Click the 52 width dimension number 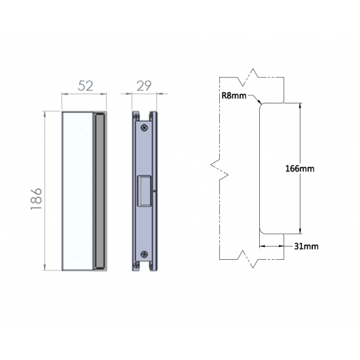coord(85,86)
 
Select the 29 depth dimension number coord(144,86)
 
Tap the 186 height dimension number coord(36,199)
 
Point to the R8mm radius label coord(234,96)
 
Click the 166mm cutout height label coord(300,169)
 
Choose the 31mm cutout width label coord(306,246)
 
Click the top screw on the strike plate coord(144,128)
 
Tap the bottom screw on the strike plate coord(144,254)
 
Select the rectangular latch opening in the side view coord(144,190)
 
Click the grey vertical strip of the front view coord(99,190)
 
